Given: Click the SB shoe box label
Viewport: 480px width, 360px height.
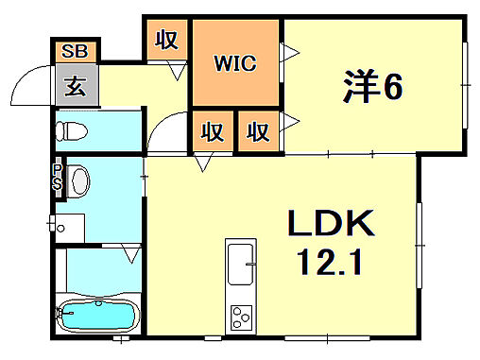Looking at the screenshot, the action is click(x=73, y=52).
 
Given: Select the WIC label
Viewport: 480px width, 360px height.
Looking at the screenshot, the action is click(x=235, y=64).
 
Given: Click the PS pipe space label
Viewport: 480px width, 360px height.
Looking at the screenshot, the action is click(x=58, y=178).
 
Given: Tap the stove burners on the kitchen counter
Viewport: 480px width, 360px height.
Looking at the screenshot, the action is click(x=238, y=317).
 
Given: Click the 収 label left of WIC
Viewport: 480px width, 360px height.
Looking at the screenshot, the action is click(x=168, y=41).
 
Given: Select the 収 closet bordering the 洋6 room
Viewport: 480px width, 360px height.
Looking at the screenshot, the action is click(x=257, y=131).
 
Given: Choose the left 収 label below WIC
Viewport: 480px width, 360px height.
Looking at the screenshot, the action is click(x=214, y=131).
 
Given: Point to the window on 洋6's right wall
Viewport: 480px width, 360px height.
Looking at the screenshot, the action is click(x=466, y=85).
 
